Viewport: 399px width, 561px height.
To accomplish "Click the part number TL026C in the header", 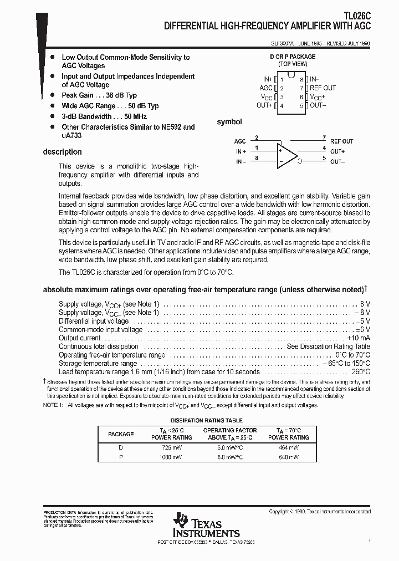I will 356,16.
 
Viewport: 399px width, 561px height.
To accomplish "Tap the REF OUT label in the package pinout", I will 322,88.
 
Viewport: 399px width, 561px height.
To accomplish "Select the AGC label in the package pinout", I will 266,88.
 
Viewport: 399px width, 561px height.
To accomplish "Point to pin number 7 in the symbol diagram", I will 324,137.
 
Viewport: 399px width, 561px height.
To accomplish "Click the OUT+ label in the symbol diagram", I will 337,151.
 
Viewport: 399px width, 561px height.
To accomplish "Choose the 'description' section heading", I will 62,152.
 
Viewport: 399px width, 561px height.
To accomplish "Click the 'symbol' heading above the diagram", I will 229,122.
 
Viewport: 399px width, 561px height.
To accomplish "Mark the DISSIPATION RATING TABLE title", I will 206,421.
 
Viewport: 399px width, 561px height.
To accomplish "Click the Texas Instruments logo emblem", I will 181,521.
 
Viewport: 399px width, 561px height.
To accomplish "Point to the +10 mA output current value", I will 359,338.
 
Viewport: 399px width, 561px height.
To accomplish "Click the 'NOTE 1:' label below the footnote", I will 53,405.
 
